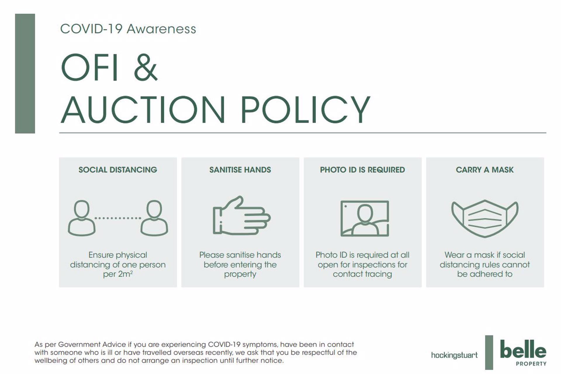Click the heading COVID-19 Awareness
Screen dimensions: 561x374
[x=128, y=29]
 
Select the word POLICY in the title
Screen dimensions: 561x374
[x=305, y=110]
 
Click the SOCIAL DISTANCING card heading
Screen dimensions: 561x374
[x=118, y=170]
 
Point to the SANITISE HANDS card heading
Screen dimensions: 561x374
[x=240, y=170]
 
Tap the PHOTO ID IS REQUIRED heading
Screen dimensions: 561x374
[x=362, y=170]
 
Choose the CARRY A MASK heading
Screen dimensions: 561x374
[x=485, y=170]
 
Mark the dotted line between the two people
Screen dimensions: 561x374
[x=118, y=218]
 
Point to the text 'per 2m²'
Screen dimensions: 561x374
[x=118, y=274]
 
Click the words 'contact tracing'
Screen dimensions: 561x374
[x=362, y=274]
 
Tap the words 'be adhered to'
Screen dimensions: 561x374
[x=485, y=274]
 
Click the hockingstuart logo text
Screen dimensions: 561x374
[x=454, y=355]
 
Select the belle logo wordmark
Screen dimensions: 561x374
[x=523, y=349]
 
